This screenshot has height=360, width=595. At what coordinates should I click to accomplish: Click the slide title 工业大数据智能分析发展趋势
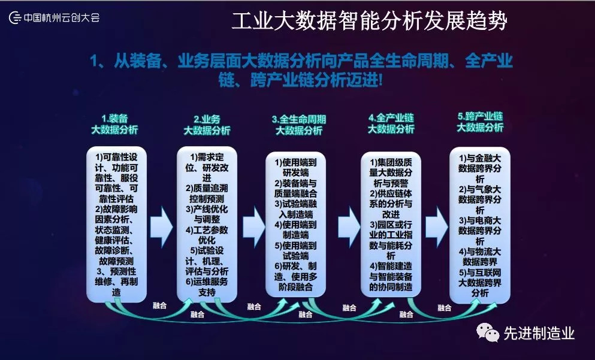pos(369,22)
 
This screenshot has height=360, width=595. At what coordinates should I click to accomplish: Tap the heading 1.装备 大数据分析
pos(114,123)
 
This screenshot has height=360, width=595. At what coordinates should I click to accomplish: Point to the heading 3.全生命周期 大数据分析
pos(298,125)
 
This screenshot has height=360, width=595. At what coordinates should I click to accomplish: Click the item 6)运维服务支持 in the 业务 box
pos(207,286)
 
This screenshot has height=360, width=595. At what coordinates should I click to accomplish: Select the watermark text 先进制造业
pos(539,333)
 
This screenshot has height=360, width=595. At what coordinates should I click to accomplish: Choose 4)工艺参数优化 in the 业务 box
pos(207,235)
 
